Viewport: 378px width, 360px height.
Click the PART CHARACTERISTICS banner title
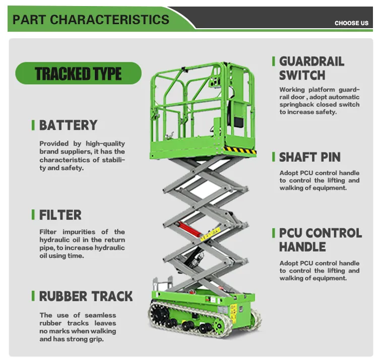coord(91,20)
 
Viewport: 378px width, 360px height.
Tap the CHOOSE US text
coord(351,23)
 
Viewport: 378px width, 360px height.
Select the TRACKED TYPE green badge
coord(78,74)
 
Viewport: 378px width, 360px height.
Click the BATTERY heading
coord(68,125)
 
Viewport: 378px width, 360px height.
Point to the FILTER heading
coord(60,215)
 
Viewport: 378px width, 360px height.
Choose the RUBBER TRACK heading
coord(86,296)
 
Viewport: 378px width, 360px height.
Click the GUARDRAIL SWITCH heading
coord(311,68)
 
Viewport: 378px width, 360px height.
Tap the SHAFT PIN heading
coord(310,157)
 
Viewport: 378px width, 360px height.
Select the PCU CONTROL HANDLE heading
coord(321,240)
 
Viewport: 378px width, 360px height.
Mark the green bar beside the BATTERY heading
coord(33,125)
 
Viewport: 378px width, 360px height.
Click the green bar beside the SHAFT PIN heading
coord(274,157)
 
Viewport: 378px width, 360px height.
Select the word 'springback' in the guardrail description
coord(299,105)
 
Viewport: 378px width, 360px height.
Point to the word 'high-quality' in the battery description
coord(107,144)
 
